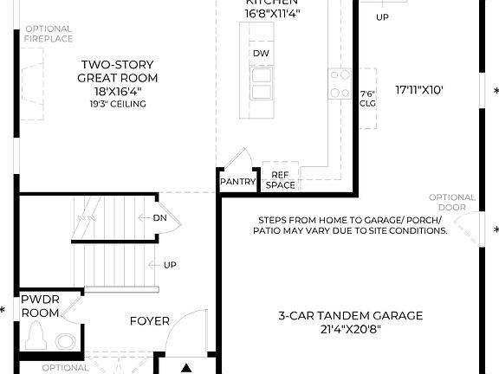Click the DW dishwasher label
click(x=261, y=54)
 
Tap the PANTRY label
click(x=237, y=182)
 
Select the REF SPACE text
click(x=280, y=180)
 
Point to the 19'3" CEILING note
click(x=118, y=104)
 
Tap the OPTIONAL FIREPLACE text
click(x=49, y=34)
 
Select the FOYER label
click(x=150, y=321)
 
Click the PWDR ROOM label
click(x=40, y=305)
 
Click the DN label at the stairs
click(x=159, y=218)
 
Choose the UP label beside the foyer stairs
click(x=171, y=264)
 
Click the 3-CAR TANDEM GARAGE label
click(x=351, y=316)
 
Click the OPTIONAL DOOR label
click(x=452, y=202)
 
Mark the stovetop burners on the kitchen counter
click(x=339, y=82)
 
